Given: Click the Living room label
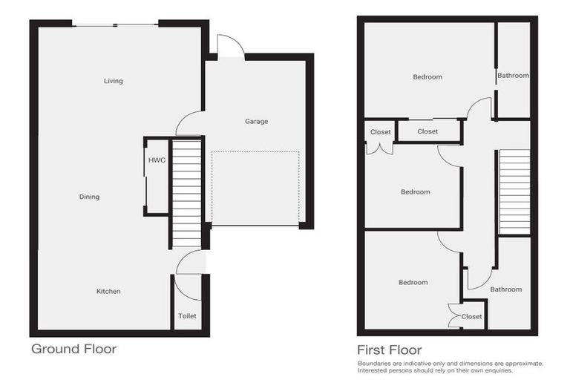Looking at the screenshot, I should click(x=113, y=81).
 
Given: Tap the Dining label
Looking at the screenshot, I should click(x=89, y=197).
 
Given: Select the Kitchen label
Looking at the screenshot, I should click(x=108, y=292).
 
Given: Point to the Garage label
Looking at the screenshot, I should click(x=256, y=121).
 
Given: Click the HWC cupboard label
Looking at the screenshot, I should click(x=156, y=160).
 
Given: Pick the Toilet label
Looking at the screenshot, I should click(x=187, y=316).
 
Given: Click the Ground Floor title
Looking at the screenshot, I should click(x=73, y=348).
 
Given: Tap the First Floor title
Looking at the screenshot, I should click(x=389, y=350).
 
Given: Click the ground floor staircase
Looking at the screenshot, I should click(x=187, y=193).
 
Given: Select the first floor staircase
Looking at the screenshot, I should click(x=514, y=192).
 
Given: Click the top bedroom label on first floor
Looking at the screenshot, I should click(x=427, y=77).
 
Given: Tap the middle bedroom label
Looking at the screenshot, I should click(x=415, y=192).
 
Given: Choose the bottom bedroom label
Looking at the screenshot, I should click(x=413, y=282).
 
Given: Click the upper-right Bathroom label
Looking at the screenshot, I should click(x=513, y=76).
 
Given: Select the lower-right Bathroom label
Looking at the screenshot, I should click(x=505, y=289).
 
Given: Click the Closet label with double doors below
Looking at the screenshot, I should click(x=381, y=132).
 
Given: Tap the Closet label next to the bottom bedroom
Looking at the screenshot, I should click(x=471, y=316).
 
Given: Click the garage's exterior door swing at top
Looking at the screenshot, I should click(x=229, y=46).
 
